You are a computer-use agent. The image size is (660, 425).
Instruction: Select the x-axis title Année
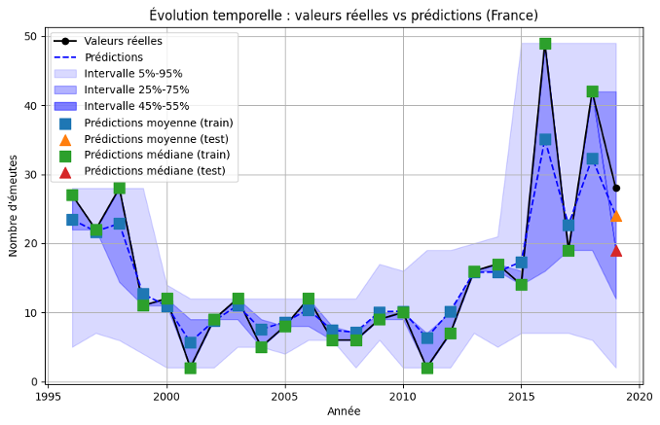(x=344, y=411)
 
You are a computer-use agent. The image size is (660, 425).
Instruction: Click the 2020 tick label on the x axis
(x=640, y=397)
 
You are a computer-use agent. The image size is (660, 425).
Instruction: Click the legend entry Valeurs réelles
(x=123, y=41)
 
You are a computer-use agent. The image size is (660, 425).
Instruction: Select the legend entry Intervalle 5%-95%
(x=132, y=74)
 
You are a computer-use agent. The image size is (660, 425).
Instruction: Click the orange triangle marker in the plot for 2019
(x=616, y=216)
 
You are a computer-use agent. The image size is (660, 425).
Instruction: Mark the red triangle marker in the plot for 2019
(x=616, y=250)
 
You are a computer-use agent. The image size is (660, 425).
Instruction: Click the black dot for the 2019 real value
(x=616, y=188)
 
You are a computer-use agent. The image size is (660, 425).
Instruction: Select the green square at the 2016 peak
(x=545, y=44)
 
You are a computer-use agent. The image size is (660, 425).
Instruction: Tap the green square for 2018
(x=592, y=91)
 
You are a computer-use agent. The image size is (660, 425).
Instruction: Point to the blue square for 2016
(x=545, y=140)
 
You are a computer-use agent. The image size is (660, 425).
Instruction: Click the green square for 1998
(x=119, y=188)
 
